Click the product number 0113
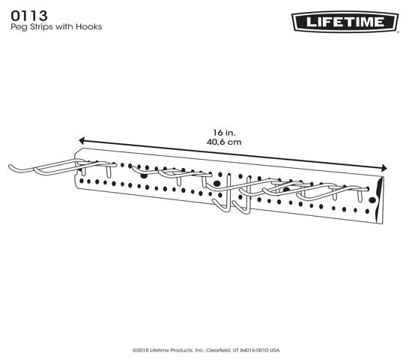tap(29, 16)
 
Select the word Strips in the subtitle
tap(41, 27)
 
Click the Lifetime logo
tap(345, 22)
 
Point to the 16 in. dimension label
tap(224, 132)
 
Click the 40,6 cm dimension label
tap(224, 142)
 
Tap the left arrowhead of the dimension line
tap(82, 141)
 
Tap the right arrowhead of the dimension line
tap(384, 168)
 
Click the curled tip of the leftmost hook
tap(10, 166)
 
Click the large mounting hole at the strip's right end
tap(372, 200)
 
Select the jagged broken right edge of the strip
tap(380, 200)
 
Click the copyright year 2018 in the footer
tap(142, 350)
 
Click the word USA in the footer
tap(274, 350)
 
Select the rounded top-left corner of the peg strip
tap(76, 151)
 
